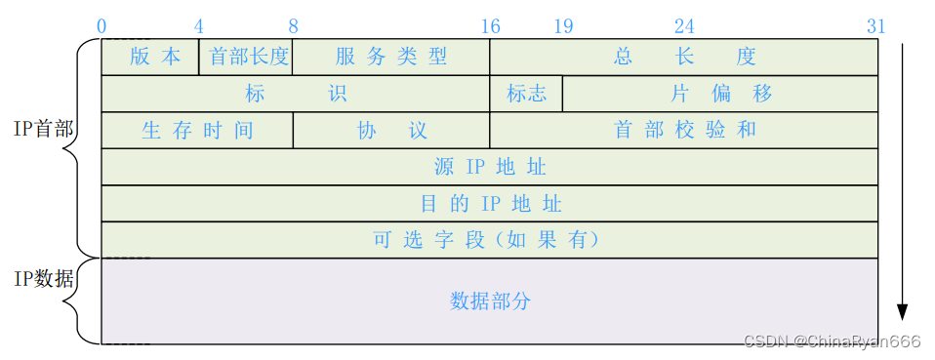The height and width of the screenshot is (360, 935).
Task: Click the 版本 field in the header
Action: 155,57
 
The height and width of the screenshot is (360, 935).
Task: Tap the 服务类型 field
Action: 391,57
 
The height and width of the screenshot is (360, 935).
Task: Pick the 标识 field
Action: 296,94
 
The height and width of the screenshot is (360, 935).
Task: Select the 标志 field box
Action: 526,94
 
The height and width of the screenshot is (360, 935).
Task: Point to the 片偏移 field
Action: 721,94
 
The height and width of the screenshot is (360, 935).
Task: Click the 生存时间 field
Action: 197,131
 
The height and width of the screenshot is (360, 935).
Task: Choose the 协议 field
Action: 391,131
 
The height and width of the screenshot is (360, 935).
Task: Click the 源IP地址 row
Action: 490,167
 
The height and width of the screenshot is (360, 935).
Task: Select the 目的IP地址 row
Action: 490,204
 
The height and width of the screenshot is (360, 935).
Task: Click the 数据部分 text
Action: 490,300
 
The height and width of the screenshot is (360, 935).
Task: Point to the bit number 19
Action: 563,25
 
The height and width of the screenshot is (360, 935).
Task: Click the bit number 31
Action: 875,25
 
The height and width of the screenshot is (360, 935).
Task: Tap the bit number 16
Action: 490,25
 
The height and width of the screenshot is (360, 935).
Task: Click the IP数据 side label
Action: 44,279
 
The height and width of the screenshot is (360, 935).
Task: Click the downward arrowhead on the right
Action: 903,311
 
